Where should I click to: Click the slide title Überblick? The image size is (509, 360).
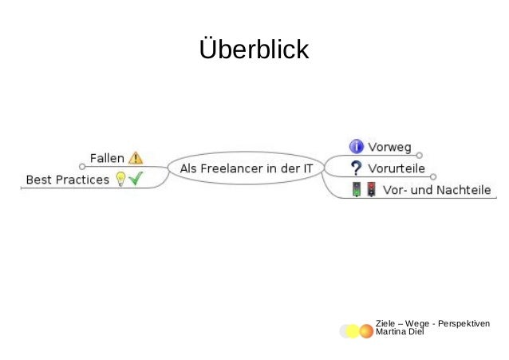(x=254, y=49)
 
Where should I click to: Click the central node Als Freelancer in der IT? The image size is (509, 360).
(x=247, y=168)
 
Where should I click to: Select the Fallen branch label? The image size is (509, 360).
(x=107, y=158)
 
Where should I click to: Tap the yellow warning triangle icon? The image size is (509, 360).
(x=135, y=158)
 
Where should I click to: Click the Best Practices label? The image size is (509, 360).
(x=68, y=180)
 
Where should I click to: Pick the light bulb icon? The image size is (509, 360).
(x=120, y=180)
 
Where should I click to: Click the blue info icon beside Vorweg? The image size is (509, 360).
(x=357, y=146)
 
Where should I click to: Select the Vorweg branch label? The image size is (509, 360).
(x=389, y=147)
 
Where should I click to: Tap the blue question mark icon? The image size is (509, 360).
(x=357, y=168)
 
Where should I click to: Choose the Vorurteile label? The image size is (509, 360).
(x=396, y=168)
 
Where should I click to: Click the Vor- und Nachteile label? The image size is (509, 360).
(x=437, y=191)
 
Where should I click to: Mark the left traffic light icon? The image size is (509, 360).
(x=357, y=190)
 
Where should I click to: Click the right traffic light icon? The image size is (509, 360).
(x=371, y=190)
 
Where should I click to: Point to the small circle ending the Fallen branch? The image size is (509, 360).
(x=81, y=168)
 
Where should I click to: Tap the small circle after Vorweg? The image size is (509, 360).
(x=420, y=155)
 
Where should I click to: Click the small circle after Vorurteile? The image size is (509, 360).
(x=433, y=176)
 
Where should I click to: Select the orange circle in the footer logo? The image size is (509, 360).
(x=366, y=331)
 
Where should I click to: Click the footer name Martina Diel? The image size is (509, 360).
(x=400, y=331)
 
